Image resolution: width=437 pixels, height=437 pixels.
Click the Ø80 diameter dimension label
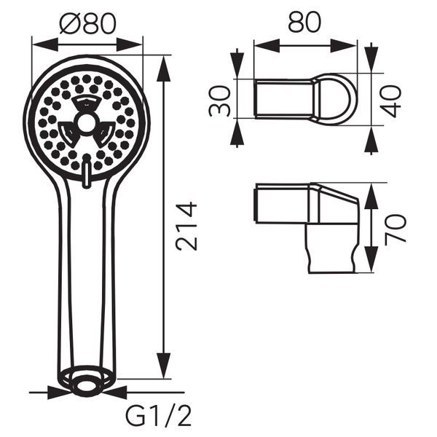[x=87, y=23]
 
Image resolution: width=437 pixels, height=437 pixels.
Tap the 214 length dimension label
[x=186, y=227]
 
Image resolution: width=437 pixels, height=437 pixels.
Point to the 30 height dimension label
[x=219, y=101]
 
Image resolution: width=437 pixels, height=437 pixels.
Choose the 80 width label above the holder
[x=304, y=22]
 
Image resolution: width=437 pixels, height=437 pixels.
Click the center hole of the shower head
[x=86, y=122]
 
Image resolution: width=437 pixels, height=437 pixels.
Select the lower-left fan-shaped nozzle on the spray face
[x=68, y=135]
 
